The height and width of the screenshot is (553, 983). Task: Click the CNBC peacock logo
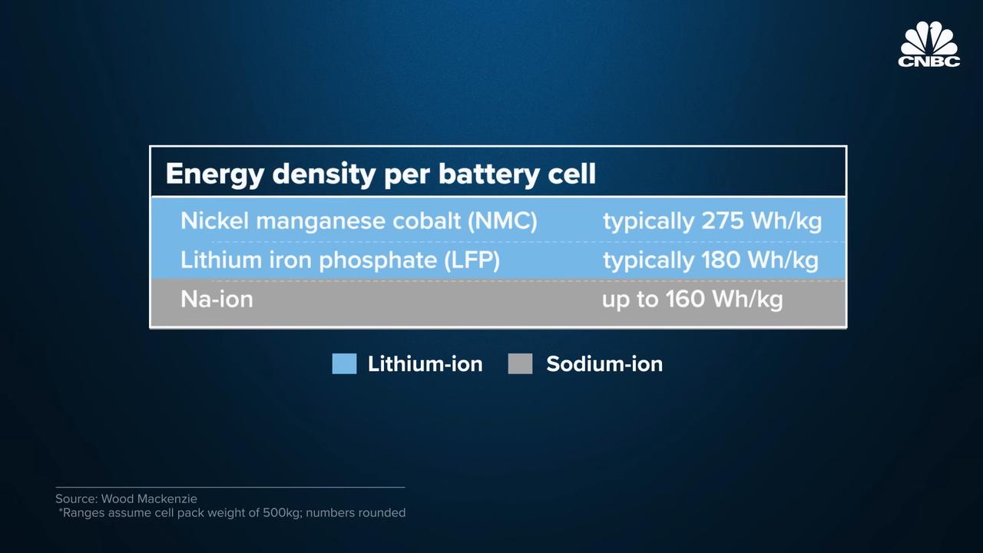928,44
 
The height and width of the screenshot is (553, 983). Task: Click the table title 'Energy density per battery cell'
380,174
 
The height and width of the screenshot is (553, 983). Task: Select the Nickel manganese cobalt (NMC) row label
359,220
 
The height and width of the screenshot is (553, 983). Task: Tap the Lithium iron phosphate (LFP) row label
340,260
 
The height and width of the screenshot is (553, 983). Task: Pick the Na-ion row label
217,300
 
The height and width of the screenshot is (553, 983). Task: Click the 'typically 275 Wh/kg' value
712,220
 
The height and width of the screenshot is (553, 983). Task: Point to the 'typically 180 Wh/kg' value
710,260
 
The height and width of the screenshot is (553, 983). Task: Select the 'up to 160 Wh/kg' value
692,300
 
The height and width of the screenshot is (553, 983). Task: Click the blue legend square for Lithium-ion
344,364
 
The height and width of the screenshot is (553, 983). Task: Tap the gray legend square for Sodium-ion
520,364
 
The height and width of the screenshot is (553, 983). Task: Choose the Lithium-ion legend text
425,364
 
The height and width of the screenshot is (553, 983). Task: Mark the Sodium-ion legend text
604,364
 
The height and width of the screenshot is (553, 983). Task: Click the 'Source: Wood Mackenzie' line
127,498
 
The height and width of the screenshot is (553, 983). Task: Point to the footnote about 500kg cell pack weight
232,512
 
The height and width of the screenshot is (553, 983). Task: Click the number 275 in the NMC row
723,220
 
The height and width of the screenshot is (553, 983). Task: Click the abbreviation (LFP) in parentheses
472,260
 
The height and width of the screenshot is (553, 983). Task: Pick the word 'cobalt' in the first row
426,220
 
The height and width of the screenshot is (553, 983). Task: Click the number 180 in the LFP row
720,260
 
